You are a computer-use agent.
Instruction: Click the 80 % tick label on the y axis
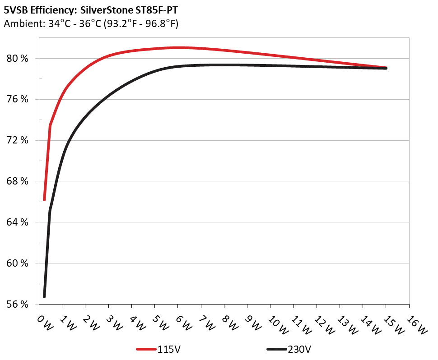tap(19, 59)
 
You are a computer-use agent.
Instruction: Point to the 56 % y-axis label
tap(19, 305)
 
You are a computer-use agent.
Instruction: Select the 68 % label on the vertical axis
tap(19, 181)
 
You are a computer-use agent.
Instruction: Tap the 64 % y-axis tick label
tap(19, 222)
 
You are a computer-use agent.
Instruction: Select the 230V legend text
tap(299, 349)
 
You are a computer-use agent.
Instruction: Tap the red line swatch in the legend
tap(146, 349)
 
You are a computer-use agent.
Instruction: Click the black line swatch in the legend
tap(277, 349)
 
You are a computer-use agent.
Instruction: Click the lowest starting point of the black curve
tap(44, 296)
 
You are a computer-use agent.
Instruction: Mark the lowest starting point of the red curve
tap(44, 199)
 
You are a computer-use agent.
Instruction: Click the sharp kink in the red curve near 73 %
tap(50, 125)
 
